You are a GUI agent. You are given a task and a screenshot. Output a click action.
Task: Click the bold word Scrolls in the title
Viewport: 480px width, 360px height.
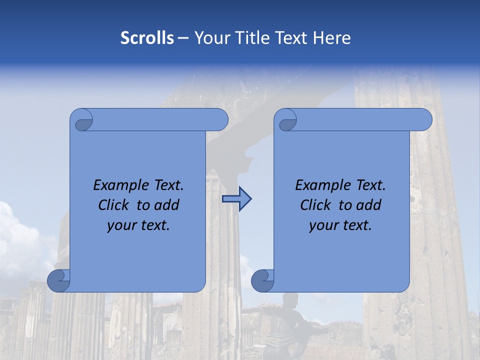147,38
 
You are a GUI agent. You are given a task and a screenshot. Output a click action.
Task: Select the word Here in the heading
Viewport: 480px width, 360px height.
332,38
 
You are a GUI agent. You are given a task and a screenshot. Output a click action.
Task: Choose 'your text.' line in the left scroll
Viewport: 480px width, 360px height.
138,225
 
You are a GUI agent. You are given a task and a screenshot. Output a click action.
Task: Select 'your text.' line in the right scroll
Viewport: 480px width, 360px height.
340,225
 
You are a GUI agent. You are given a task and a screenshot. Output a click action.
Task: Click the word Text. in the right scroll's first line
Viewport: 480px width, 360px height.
367,185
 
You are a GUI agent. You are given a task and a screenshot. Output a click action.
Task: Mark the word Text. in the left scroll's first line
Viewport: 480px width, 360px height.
165,185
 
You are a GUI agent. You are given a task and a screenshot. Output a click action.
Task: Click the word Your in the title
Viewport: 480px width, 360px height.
210,38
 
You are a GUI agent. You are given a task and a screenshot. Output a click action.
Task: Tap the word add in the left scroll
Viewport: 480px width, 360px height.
166,205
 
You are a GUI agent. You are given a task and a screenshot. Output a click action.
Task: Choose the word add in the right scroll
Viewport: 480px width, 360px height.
368,205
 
